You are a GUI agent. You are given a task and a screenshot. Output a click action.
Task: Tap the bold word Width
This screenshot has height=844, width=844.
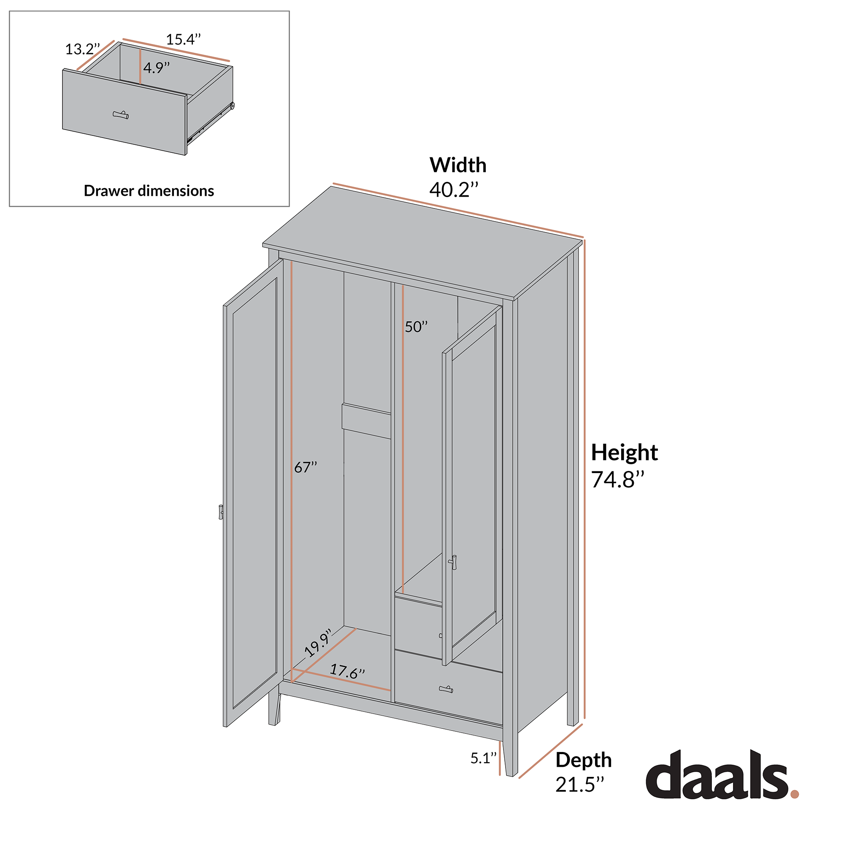click(x=458, y=165)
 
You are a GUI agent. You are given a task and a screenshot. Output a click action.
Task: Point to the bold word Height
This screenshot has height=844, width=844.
click(x=624, y=452)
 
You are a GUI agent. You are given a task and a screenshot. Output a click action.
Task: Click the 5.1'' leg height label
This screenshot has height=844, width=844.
click(x=483, y=758)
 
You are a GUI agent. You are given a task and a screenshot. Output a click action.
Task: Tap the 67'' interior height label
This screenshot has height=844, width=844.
click(x=306, y=468)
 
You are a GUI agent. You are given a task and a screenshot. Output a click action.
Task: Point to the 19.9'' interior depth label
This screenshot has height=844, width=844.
click(x=318, y=643)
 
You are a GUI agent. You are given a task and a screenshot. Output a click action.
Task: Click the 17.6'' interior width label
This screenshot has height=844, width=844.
click(x=347, y=671)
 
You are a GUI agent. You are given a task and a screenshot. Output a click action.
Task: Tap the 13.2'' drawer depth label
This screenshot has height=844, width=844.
click(x=83, y=49)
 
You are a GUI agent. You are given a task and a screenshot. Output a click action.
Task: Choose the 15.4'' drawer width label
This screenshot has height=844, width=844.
click(x=183, y=40)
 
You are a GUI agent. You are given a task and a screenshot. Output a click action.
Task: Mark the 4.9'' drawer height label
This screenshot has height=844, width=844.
click(x=157, y=68)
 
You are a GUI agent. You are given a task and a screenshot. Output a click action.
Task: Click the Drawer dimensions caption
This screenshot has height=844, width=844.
click(x=149, y=191)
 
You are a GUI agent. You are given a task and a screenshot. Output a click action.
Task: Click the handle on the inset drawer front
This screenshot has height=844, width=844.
click(x=121, y=115)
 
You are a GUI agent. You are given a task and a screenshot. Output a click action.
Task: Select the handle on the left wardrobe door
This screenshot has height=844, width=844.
click(x=221, y=512)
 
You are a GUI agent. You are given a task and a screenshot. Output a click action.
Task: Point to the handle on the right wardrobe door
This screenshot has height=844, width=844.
click(x=453, y=562)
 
